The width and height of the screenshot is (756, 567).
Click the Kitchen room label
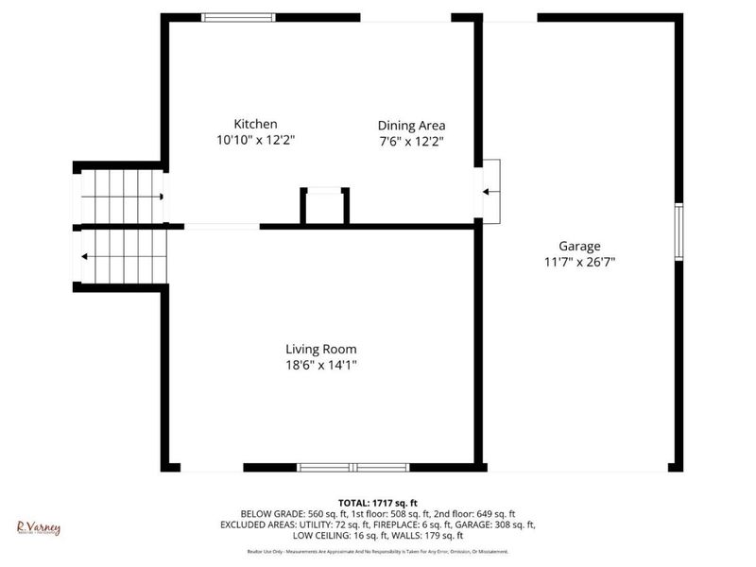255,124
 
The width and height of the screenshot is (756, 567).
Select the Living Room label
321,349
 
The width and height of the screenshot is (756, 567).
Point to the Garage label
579,246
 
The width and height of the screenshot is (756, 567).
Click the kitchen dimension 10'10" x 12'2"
255,140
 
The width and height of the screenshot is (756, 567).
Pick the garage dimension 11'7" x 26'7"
579,262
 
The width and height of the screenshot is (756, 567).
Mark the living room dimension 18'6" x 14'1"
321,365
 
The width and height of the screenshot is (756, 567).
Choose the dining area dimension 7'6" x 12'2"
411,141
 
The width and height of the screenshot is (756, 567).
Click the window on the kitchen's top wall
239,17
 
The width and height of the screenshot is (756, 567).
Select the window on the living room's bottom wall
353,467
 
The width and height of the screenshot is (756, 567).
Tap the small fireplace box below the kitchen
325,205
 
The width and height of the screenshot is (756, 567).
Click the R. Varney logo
39,527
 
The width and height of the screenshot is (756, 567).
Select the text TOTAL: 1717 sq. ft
378,502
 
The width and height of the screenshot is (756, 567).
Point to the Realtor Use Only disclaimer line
378,551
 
